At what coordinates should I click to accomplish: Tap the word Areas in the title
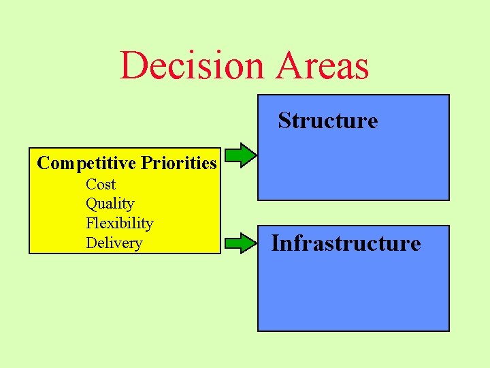[320, 66]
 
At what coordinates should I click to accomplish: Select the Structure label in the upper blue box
[327, 121]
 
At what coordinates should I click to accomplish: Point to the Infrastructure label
[346, 243]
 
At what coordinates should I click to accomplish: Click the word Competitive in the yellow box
[86, 164]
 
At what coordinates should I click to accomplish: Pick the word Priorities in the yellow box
[178, 164]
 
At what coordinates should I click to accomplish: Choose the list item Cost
[101, 185]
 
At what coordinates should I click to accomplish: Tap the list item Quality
[110, 204]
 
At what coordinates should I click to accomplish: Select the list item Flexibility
[119, 224]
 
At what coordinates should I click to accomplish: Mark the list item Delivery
[114, 243]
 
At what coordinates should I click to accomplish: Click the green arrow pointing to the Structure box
[241, 155]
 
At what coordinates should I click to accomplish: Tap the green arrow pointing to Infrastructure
[241, 242]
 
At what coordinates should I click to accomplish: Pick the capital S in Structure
[284, 121]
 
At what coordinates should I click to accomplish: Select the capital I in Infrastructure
[276, 243]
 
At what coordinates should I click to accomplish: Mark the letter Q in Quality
[91, 204]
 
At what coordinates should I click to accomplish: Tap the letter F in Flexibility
[90, 224]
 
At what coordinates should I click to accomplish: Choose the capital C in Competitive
[43, 164]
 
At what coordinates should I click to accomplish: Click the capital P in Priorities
[146, 164]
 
